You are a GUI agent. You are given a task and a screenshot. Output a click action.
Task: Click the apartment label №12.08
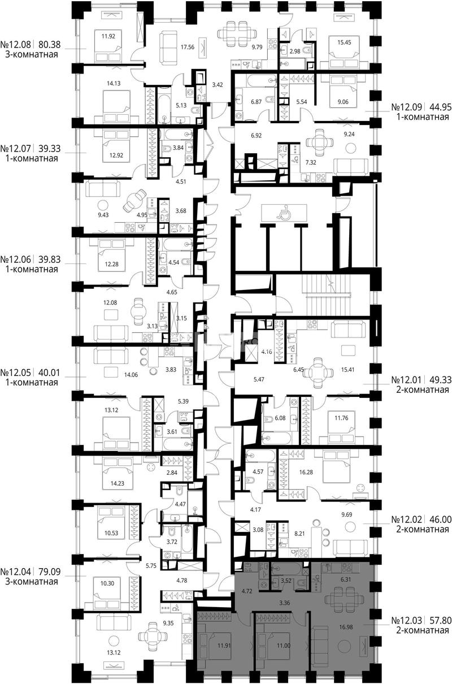(16, 45)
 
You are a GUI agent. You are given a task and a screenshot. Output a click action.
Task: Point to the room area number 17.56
(188, 47)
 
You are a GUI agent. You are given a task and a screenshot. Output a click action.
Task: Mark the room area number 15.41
(347, 370)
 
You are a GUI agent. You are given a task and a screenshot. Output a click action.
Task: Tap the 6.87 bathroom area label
(256, 102)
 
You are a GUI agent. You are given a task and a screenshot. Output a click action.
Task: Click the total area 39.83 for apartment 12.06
(50, 259)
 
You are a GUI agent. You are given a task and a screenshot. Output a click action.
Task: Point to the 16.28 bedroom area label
(306, 472)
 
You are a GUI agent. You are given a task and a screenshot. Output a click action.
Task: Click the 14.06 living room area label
(131, 375)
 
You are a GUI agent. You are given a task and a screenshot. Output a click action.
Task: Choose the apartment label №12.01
(407, 380)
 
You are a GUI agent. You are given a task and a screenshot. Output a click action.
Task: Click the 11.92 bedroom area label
(108, 36)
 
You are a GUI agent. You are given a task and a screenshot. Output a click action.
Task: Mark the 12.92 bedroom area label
(116, 155)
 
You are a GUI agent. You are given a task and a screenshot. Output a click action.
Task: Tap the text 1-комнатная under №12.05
(32, 382)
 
